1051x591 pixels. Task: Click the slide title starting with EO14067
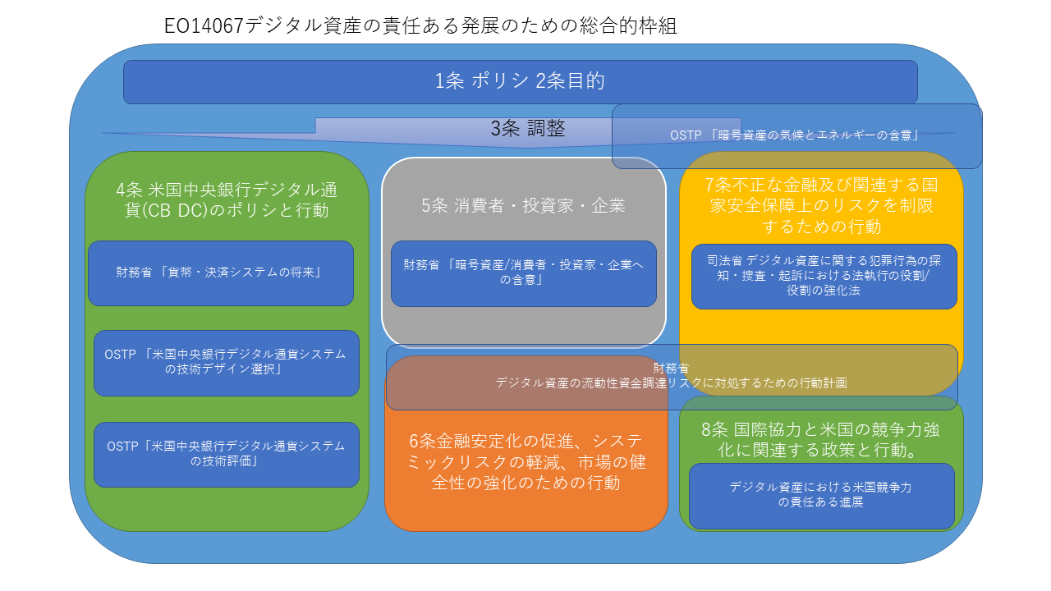[x=420, y=26]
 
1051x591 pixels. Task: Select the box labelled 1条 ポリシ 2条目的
[x=520, y=81]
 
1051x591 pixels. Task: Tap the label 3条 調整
[x=528, y=129]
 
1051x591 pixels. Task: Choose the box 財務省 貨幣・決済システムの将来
[x=220, y=273]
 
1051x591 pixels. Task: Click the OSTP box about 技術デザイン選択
[x=226, y=362]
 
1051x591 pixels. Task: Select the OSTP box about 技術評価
[x=226, y=454]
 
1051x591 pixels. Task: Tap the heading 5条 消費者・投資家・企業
[x=523, y=205]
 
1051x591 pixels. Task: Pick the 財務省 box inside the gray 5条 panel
[x=523, y=273]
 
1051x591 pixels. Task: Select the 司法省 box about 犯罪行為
[x=824, y=276]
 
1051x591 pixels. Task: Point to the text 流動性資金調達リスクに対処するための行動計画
[x=671, y=383]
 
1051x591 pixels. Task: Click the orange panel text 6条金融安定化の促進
[x=525, y=462]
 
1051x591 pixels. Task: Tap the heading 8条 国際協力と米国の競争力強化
[x=821, y=439]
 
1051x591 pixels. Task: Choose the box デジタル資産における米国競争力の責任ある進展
[x=821, y=495]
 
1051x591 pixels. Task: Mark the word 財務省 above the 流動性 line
[x=671, y=369]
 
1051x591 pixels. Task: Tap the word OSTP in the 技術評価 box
[x=123, y=447]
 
